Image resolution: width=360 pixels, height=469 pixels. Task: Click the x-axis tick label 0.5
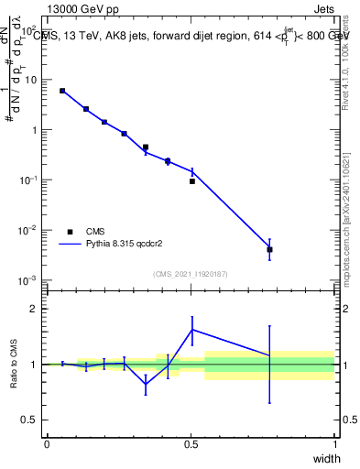pos(191,443)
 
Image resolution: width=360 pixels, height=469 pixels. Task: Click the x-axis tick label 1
pos(335,443)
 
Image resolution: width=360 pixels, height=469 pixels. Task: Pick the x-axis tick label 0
pos(47,443)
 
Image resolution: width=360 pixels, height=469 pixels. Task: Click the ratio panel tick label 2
pos(33,309)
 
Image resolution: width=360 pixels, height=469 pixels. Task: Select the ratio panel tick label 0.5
pos(31,420)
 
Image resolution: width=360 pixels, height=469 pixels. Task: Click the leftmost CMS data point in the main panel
pos(62,91)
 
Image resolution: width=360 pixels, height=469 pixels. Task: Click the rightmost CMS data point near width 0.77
pos(269,249)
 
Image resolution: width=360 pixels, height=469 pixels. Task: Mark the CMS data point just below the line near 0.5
pos(192,181)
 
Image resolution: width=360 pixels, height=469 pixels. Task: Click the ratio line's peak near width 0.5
pos(192,330)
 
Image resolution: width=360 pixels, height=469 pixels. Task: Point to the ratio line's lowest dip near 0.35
pos(146,385)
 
